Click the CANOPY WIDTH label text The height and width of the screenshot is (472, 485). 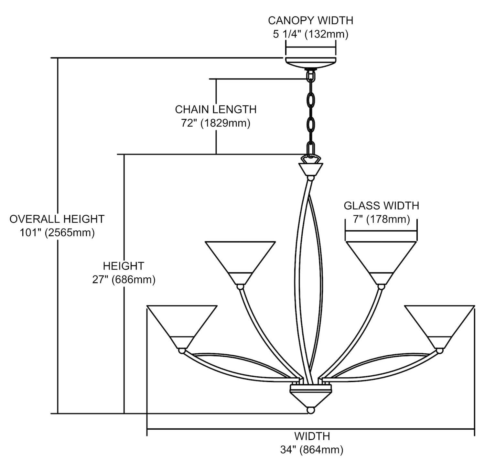tap(310, 20)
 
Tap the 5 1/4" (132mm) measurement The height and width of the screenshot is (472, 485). tap(310, 34)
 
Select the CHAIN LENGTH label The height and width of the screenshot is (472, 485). tap(216, 110)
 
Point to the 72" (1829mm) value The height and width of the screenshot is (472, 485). tap(216, 123)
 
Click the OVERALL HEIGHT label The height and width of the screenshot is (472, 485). tap(57, 219)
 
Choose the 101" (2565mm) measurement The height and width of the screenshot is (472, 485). tap(57, 233)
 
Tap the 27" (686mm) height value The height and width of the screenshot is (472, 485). tap(124, 280)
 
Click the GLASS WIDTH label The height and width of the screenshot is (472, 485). tap(381, 206)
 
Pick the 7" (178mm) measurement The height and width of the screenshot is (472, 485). tap(381, 220)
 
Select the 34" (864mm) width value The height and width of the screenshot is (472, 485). tap(312, 450)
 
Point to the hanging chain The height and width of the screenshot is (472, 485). tap(311, 113)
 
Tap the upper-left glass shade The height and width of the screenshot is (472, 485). tap(240, 259)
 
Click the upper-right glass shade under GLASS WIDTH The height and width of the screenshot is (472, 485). tap(381, 259)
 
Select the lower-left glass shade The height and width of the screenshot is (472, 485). tap(181, 323)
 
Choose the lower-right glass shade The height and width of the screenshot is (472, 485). tap(439, 323)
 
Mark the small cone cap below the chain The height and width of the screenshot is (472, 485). tap(311, 169)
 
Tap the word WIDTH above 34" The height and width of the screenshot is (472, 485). tap(312, 436)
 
